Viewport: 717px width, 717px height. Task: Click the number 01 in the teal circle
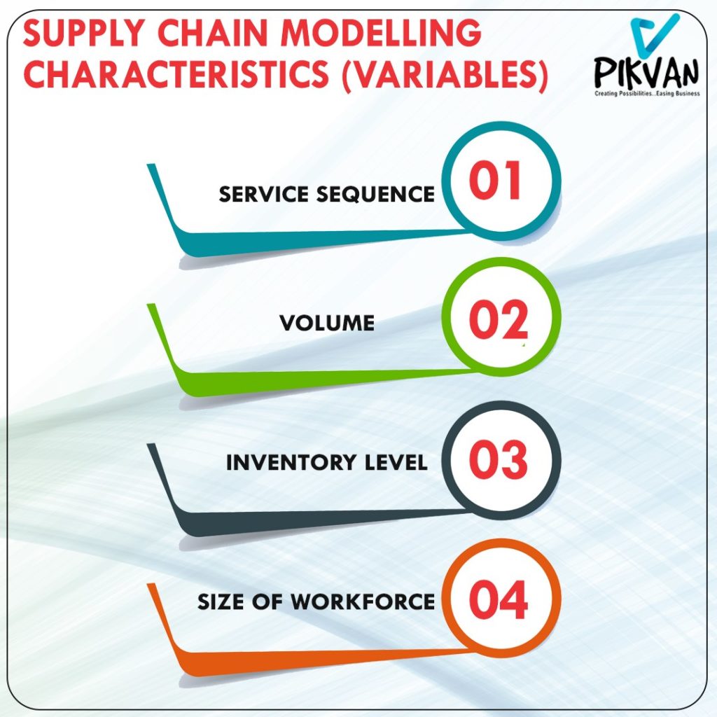point(495,180)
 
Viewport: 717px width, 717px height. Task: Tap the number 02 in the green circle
point(499,319)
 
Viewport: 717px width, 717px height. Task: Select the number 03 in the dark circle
point(499,459)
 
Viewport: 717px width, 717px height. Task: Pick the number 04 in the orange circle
point(499,599)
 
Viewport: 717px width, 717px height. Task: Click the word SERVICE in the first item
point(263,195)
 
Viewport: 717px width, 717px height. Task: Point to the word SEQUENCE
point(375,195)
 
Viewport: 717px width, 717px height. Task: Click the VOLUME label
point(327,323)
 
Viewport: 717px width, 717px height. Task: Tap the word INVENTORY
point(291,462)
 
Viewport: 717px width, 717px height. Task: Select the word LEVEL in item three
point(396,462)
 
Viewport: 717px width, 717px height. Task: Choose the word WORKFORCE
point(363,601)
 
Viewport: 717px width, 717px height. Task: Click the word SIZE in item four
point(220,601)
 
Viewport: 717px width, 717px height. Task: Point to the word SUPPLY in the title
point(84,33)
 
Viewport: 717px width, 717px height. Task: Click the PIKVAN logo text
point(646,72)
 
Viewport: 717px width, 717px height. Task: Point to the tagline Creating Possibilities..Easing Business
point(647,93)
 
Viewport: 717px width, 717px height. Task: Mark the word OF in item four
point(267,601)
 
